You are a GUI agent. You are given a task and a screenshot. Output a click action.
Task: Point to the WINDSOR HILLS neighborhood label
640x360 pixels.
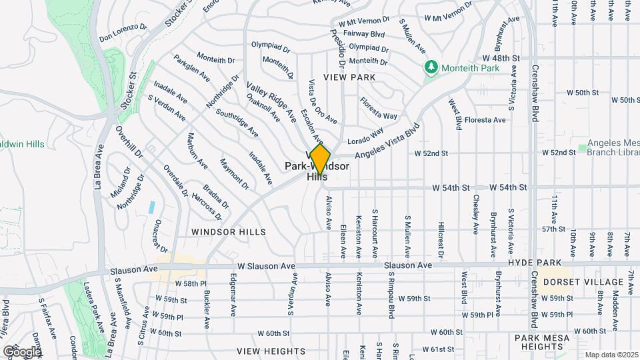coord(229,232)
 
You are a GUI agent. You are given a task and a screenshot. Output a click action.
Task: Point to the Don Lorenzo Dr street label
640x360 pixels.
coord(123,31)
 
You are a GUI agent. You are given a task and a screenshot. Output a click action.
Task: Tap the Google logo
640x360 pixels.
coord(22,351)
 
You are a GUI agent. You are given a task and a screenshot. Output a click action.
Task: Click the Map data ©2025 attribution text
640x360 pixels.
coord(611,355)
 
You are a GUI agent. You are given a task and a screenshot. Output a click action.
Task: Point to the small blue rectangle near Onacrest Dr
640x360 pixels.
coord(153,207)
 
